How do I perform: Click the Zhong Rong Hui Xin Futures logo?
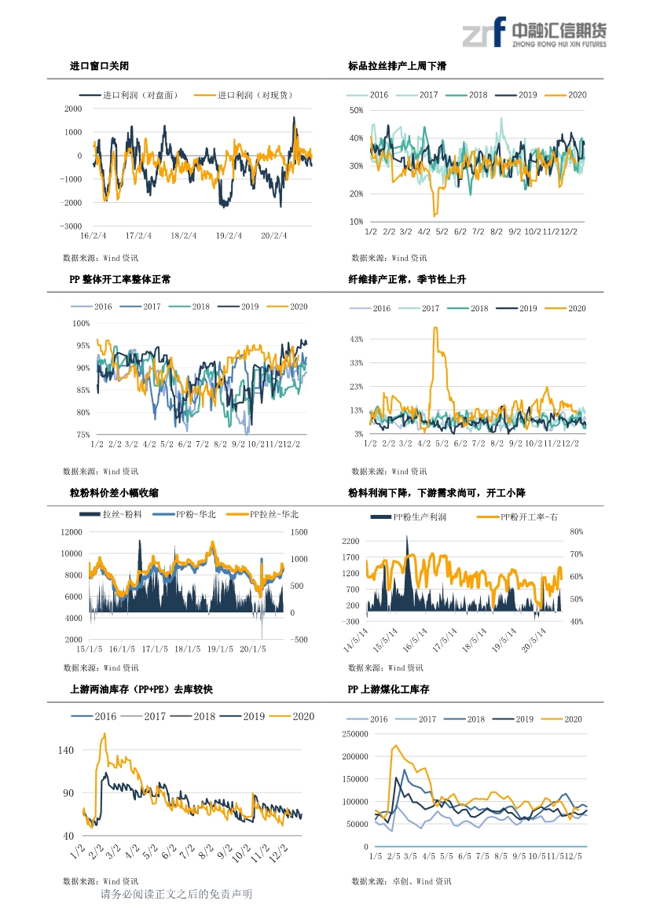(x=534, y=32)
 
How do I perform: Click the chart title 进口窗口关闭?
(x=99, y=66)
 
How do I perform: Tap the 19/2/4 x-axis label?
(x=229, y=236)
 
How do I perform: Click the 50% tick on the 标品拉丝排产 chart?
(x=356, y=110)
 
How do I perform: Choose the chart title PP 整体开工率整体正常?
(x=120, y=280)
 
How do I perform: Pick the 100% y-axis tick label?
(x=81, y=324)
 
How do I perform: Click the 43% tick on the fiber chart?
(x=356, y=340)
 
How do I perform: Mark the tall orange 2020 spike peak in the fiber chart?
(x=435, y=329)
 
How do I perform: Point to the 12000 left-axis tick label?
(x=71, y=532)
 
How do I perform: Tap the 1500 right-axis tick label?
(x=299, y=532)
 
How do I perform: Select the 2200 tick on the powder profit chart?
(x=350, y=541)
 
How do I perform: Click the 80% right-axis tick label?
(x=577, y=531)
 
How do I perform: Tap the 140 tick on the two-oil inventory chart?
(x=65, y=750)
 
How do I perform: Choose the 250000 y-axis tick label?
(x=355, y=733)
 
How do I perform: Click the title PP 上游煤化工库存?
(x=388, y=689)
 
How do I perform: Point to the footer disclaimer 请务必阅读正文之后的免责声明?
(x=176, y=894)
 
